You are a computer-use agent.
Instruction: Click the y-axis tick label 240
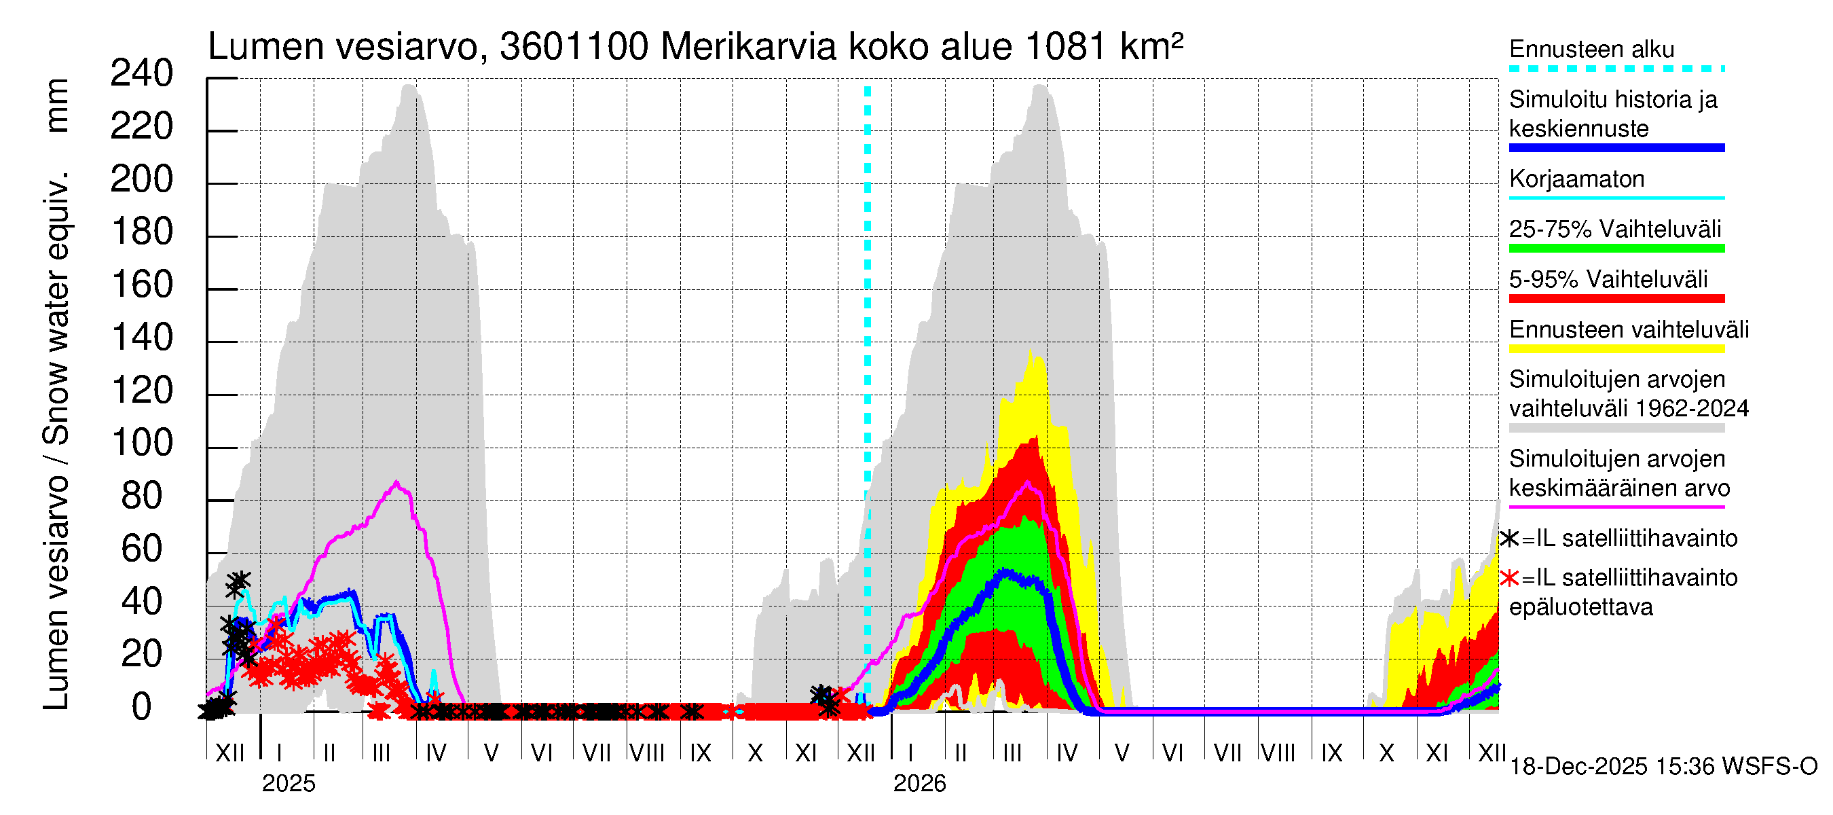click(x=142, y=74)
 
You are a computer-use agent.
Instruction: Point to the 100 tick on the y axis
click(x=143, y=443)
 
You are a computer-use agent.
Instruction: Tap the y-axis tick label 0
click(x=142, y=708)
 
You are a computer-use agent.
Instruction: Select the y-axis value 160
click(x=143, y=285)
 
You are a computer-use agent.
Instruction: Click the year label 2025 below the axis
click(x=288, y=784)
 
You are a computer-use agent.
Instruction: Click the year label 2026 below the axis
click(x=919, y=784)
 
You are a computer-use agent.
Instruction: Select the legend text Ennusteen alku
click(x=1592, y=49)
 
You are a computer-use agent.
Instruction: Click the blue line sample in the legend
click(x=1616, y=148)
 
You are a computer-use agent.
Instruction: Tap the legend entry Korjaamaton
click(x=1577, y=179)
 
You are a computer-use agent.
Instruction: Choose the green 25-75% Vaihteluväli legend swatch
click(x=1616, y=249)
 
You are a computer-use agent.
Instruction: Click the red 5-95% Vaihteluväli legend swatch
click(x=1616, y=299)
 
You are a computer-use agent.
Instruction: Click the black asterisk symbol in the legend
click(x=1510, y=539)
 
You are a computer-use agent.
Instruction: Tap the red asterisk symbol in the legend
click(x=1510, y=578)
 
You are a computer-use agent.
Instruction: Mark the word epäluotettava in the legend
click(x=1581, y=607)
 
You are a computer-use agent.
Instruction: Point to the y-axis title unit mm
click(x=57, y=105)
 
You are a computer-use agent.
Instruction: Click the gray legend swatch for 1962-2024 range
click(x=1616, y=429)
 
